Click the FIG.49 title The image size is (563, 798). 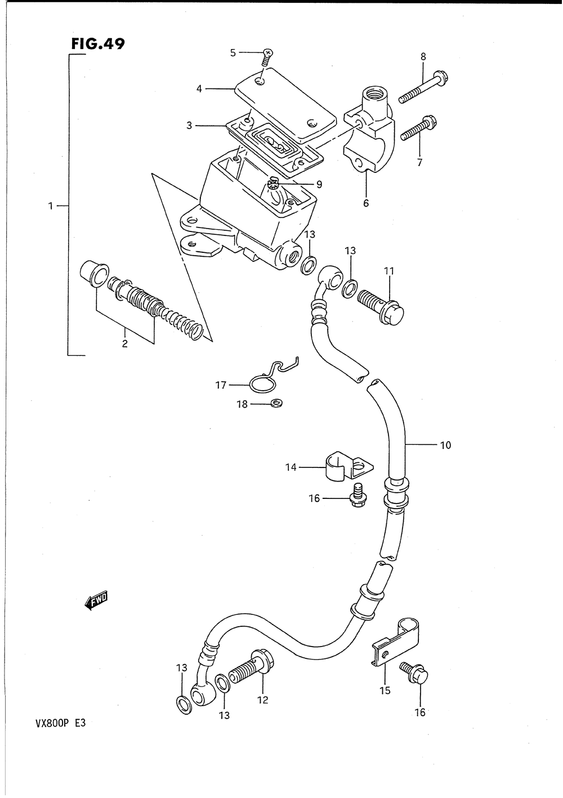point(97,44)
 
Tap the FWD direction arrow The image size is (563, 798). point(96,601)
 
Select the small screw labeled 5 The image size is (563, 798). point(267,55)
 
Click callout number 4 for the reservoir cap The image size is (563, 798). point(199,88)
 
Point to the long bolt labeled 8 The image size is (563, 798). point(422,87)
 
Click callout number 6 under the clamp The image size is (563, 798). point(366,203)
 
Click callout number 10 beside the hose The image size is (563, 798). point(445,445)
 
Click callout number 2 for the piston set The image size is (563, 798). point(125,344)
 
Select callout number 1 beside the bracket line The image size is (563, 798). point(51,207)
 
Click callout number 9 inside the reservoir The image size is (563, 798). point(319,184)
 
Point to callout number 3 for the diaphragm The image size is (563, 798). point(190,126)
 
